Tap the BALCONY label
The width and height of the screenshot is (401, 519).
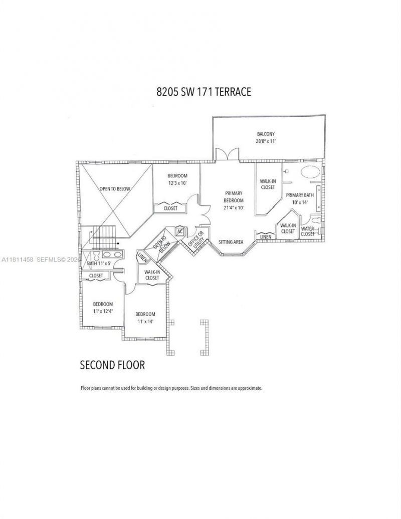click(266, 134)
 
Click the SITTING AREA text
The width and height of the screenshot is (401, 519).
click(231, 242)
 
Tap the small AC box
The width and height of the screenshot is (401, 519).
click(179, 231)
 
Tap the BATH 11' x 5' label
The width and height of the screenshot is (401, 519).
click(99, 263)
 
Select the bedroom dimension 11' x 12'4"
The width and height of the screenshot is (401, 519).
click(103, 311)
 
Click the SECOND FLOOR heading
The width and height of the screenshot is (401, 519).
click(113, 365)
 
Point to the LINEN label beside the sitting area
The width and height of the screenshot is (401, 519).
click(265, 236)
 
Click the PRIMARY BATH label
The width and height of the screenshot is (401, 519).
click(299, 195)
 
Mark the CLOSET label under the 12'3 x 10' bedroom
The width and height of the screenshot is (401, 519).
click(170, 208)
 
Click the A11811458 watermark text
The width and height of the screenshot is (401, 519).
click(18, 259)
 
